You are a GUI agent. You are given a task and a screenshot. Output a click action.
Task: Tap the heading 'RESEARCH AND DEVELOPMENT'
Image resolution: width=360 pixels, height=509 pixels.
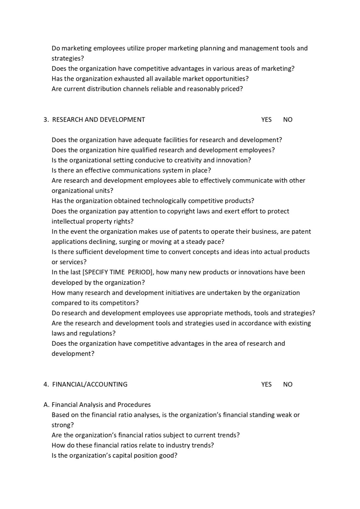pyautogui.click(x=98, y=120)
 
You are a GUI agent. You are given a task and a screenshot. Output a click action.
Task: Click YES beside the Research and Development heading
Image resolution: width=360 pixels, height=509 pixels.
pyautogui.click(x=266, y=120)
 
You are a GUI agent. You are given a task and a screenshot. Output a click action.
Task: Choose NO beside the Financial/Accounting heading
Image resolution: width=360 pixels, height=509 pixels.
pyautogui.click(x=288, y=384)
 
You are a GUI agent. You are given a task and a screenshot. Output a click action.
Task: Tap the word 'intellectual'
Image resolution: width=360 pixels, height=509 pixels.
pyautogui.click(x=68, y=221)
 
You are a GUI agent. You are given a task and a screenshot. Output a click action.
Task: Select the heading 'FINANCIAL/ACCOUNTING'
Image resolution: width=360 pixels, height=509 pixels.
pyautogui.click(x=90, y=384)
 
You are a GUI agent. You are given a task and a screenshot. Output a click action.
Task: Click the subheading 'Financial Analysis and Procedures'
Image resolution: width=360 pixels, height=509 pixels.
pyautogui.click(x=101, y=405)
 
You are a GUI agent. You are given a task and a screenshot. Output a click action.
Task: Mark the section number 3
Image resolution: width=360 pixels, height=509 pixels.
pyautogui.click(x=46, y=120)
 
